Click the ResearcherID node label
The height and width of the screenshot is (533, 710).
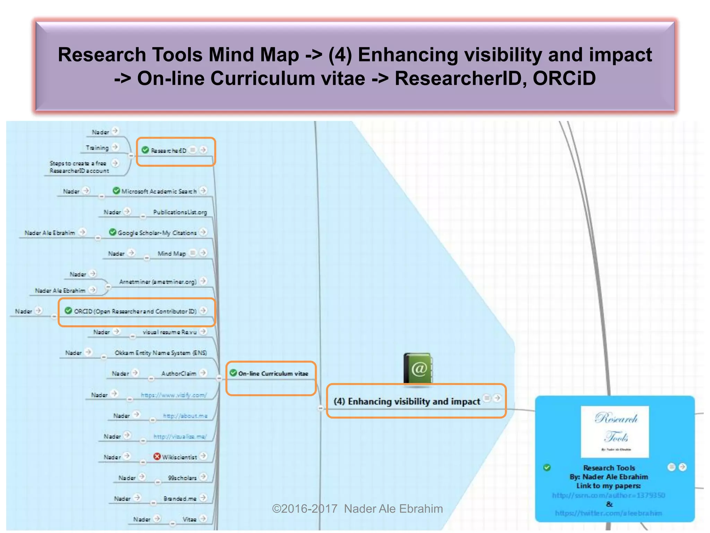pyautogui.click(x=168, y=151)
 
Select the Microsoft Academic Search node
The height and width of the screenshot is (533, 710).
pyautogui.click(x=159, y=191)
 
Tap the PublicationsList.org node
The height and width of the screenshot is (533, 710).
pyautogui.click(x=180, y=212)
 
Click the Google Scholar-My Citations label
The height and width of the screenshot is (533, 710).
pyautogui.click(x=157, y=233)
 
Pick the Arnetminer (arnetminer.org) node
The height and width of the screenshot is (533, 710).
pyautogui.click(x=158, y=282)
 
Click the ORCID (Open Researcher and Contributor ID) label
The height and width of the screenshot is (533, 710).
pyautogui.click(x=135, y=311)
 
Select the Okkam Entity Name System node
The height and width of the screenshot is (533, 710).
pyautogui.click(x=161, y=353)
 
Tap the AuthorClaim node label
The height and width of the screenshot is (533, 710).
pyautogui.click(x=179, y=374)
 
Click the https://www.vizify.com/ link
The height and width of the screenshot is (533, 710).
pyautogui.click(x=174, y=395)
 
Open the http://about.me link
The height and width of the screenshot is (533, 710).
pyautogui.click(x=185, y=416)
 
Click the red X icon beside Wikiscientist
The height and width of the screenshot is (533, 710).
pyautogui.click(x=157, y=457)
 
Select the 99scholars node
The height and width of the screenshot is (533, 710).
pyautogui.click(x=182, y=478)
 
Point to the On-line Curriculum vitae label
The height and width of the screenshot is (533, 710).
pyautogui.click(x=273, y=374)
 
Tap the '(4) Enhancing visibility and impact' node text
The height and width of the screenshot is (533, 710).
pyautogui.click(x=407, y=401)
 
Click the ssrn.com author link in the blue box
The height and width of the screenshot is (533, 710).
pyautogui.click(x=608, y=495)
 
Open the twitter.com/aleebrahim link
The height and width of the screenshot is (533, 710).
pyautogui.click(x=608, y=513)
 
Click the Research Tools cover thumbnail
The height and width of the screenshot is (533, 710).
pyautogui.click(x=615, y=432)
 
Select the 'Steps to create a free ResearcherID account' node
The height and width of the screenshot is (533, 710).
pyautogui.click(x=79, y=167)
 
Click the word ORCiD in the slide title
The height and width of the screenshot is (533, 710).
pyautogui.click(x=564, y=78)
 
